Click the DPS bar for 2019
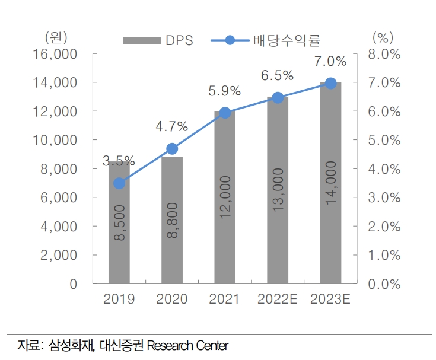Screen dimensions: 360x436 pos(119,237)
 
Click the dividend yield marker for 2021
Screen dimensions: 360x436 pos(225,113)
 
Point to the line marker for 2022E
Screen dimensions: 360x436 pos(278,98)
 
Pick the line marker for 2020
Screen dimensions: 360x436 pos(172,148)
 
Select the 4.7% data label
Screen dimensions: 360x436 pos(171,126)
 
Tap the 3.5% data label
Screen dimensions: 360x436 pos(119,161)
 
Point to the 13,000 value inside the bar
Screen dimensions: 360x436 pos(278,189)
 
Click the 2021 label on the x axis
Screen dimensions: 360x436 pos(225,300)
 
